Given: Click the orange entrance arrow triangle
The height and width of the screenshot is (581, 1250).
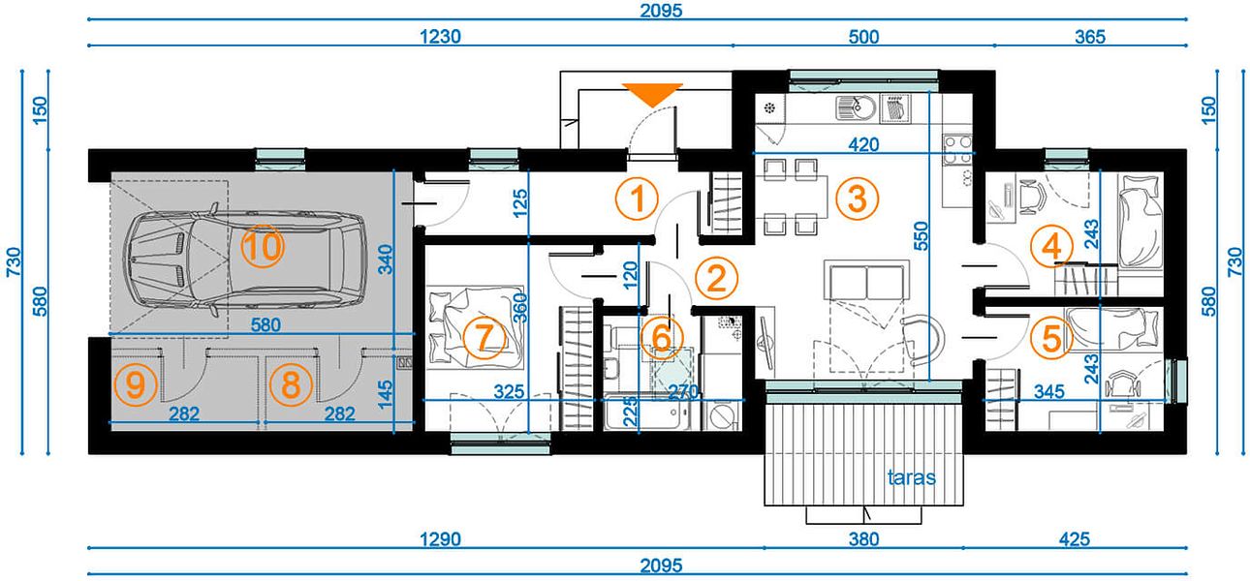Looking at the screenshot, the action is tap(652, 94).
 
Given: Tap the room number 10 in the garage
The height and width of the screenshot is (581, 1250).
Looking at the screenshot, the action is tap(263, 246).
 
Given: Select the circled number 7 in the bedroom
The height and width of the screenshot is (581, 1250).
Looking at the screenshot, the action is tap(484, 337).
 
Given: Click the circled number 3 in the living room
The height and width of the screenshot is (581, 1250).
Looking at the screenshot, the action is tap(858, 199).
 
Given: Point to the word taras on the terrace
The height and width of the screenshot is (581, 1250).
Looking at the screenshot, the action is tap(911, 477).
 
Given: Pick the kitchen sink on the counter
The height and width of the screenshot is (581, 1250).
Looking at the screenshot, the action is tap(856, 107).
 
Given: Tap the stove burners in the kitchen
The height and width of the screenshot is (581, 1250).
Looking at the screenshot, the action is tap(957, 150).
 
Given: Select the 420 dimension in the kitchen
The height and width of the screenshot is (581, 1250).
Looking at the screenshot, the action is tap(863, 144).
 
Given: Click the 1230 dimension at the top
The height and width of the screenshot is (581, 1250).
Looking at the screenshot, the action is tap(440, 37).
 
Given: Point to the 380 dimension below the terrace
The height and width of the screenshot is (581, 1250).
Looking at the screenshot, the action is tap(863, 539).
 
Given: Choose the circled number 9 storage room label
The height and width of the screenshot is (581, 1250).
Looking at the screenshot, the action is tap(136, 384).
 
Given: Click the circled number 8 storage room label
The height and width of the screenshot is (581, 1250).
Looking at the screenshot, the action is tap(291, 384).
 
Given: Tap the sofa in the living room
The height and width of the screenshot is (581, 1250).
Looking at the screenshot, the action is tap(866, 281).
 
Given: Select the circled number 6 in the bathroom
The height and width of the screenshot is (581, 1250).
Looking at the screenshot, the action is tap(661, 337).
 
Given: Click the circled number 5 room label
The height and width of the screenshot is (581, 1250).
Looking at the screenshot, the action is tap(1051, 338).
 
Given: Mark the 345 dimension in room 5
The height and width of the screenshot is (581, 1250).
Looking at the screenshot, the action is tap(1049, 391).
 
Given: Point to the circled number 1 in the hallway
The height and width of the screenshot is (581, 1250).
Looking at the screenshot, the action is tap(637, 199).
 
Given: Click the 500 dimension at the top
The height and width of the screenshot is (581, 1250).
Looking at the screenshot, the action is tap(863, 37).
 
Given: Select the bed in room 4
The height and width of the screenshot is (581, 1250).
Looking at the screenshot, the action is tap(1141, 221).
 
